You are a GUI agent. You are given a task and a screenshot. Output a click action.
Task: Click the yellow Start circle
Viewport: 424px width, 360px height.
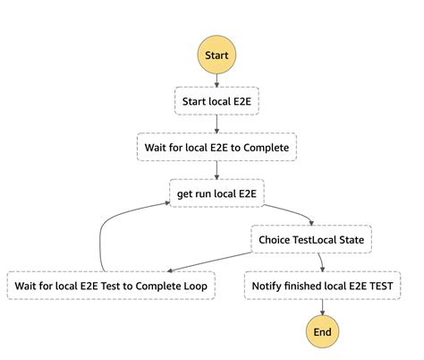coord(216,56)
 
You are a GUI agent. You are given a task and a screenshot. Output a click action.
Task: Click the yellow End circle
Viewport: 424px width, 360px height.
coord(321,332)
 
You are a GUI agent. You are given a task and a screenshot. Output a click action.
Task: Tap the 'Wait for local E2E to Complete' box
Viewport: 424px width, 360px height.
coord(216,145)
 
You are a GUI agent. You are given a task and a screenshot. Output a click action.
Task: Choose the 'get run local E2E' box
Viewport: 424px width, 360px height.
coord(216,193)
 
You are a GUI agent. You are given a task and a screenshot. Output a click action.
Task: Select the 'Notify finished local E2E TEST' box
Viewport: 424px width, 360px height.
coord(321,286)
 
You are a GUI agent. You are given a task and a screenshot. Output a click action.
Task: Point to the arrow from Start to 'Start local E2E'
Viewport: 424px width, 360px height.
coord(216,79)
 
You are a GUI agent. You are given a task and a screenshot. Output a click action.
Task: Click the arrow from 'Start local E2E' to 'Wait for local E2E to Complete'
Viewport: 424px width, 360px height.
coord(216,122)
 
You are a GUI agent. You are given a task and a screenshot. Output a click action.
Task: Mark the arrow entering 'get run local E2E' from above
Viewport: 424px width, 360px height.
coord(216,169)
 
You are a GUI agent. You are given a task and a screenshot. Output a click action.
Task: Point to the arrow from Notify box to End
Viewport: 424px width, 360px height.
coord(321,308)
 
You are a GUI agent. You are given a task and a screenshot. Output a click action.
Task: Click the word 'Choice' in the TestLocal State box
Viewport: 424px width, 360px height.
coord(276,239)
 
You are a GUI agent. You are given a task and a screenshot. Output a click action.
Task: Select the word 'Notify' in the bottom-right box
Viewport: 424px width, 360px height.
coord(269,286)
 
